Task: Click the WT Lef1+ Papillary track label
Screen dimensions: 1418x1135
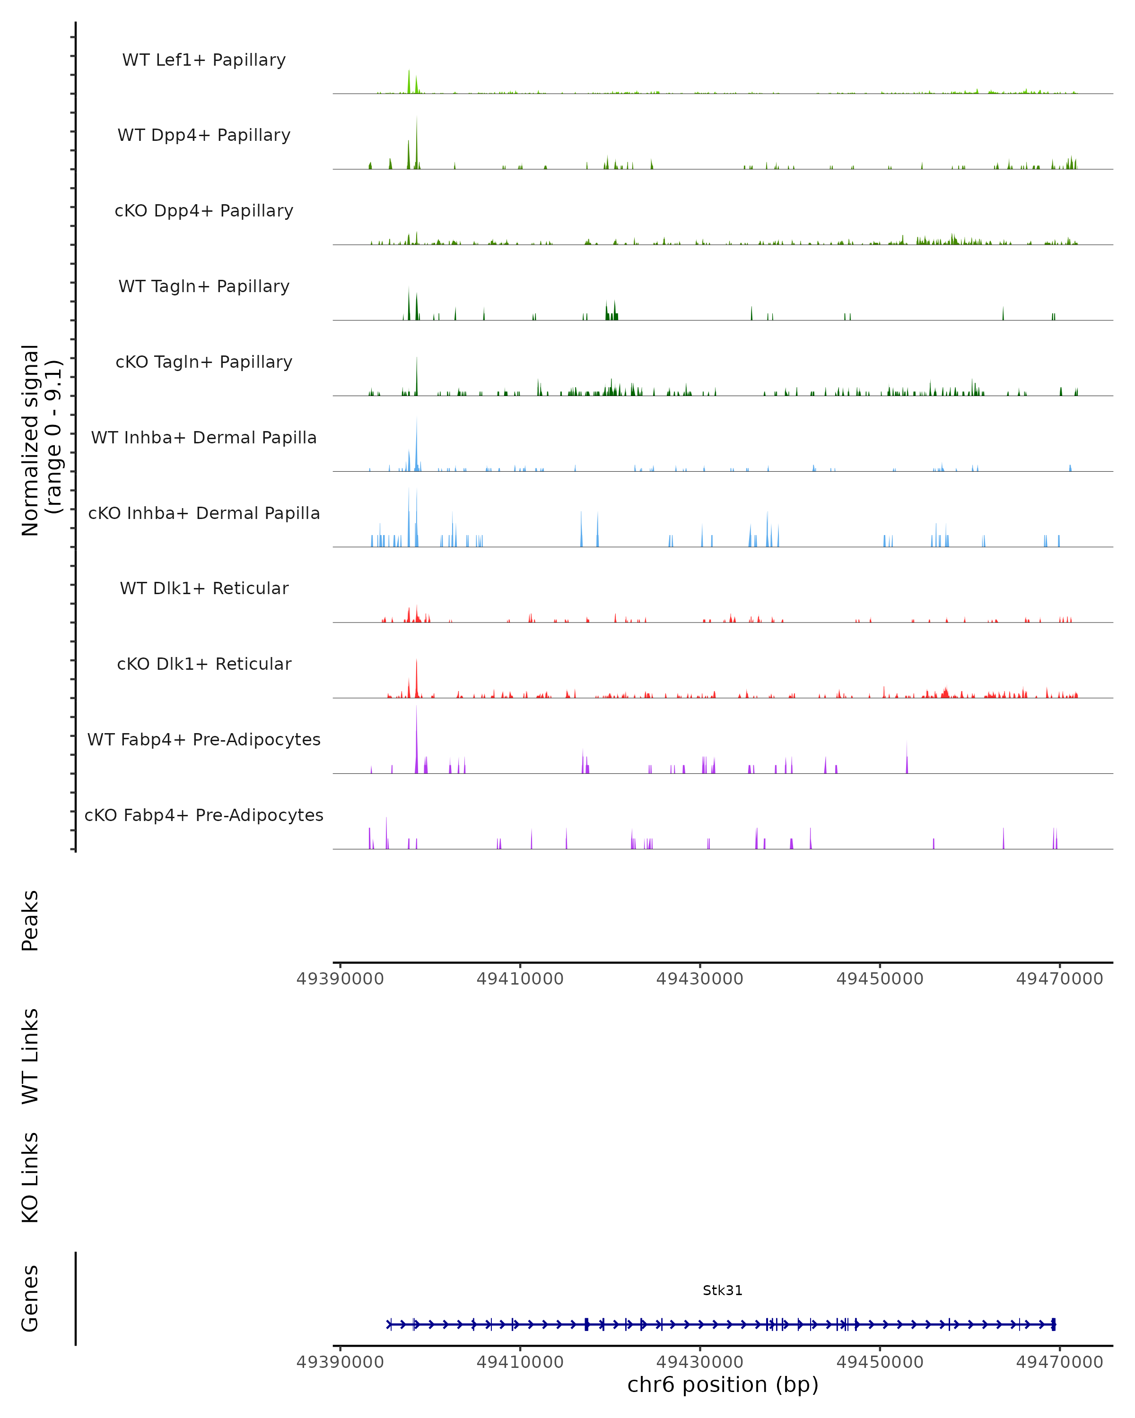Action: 204,60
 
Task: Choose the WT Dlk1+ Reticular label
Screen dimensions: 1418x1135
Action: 204,588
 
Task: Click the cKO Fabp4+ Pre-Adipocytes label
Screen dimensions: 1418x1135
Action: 204,815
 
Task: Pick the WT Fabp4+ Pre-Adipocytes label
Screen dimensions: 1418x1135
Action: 204,739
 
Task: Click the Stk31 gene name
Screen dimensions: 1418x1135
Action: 723,1290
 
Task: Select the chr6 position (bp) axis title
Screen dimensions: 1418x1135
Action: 723,1385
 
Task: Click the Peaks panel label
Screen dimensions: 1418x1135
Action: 30,921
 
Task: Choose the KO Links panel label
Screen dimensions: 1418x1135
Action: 30,1177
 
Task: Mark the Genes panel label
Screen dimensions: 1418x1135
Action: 30,1298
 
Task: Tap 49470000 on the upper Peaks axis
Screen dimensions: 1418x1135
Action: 1059,979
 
